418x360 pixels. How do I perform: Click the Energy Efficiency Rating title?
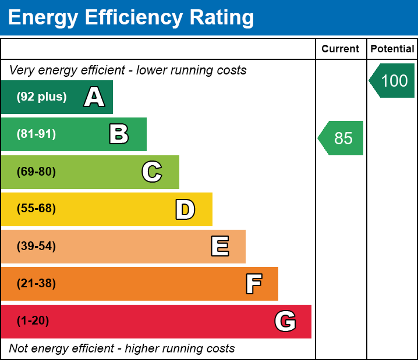click(130, 18)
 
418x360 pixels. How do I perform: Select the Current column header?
click(341, 49)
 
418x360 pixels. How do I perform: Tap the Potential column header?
click(392, 49)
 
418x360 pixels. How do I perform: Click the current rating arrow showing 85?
click(342, 138)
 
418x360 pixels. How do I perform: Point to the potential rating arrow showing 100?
click(393, 80)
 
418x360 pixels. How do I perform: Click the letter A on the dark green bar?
click(94, 97)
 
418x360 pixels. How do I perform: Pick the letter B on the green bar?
click(119, 134)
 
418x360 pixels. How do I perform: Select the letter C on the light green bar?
click(152, 172)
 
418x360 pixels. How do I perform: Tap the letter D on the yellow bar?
click(185, 209)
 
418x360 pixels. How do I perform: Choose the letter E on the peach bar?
click(219, 247)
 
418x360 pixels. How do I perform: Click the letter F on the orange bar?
click(253, 284)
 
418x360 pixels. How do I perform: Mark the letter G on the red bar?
click(285, 321)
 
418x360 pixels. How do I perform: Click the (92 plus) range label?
click(41, 97)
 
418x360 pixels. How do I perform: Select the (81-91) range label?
click(36, 134)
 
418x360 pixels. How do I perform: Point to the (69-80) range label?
click(36, 172)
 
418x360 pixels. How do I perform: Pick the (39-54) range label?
click(36, 247)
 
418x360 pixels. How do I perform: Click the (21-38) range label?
click(36, 284)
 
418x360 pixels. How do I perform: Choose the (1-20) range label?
click(33, 321)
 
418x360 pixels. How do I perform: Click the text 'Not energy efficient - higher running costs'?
click(122, 349)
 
